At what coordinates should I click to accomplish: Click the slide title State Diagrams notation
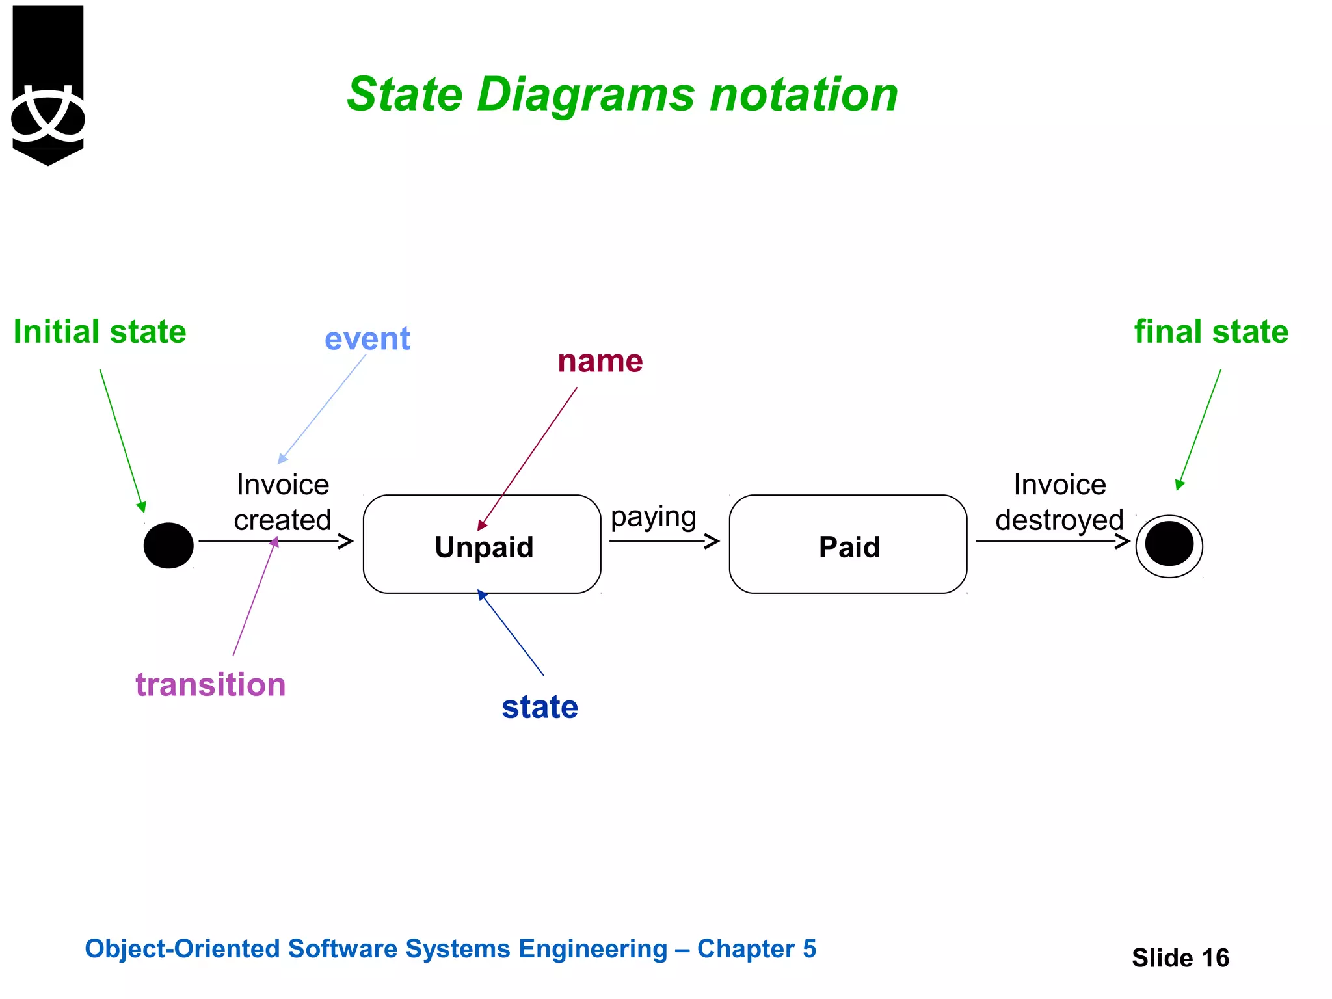click(x=622, y=95)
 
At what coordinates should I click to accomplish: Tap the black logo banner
click(x=48, y=85)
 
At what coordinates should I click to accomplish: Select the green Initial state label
click(x=100, y=332)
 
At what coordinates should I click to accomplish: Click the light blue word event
click(x=367, y=339)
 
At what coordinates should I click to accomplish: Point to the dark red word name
click(x=600, y=361)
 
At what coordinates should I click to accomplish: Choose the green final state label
click(x=1211, y=332)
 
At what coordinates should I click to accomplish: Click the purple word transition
click(x=210, y=685)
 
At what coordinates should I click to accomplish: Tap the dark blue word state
click(x=539, y=707)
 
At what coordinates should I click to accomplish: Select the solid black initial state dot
click(x=168, y=545)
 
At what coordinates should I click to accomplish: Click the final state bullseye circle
click(x=1169, y=545)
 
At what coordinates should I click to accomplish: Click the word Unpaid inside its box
click(x=484, y=547)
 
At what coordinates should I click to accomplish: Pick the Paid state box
click(x=847, y=544)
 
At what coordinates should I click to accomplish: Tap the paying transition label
click(x=653, y=518)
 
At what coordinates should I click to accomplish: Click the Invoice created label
click(x=282, y=502)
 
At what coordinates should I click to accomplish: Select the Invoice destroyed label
click(x=1059, y=502)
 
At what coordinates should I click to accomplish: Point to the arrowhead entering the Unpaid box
click(x=346, y=540)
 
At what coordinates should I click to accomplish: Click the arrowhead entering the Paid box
click(x=713, y=540)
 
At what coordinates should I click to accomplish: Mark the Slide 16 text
click(x=1180, y=957)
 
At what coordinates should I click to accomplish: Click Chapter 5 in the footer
click(x=756, y=949)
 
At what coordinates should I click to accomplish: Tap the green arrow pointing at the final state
click(x=1199, y=430)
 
